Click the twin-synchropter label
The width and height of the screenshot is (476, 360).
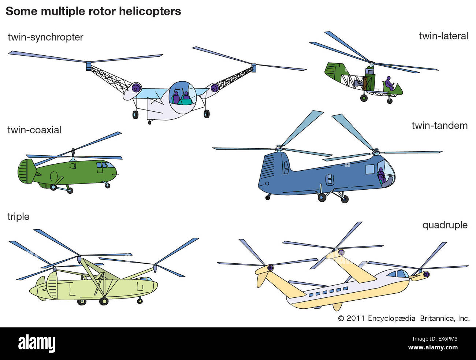click(x=45, y=37)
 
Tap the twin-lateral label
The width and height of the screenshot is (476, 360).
click(x=443, y=36)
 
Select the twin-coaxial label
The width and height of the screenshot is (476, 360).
click(x=34, y=130)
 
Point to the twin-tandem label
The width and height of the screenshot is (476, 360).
click(x=439, y=126)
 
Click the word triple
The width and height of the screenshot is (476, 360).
click(x=18, y=216)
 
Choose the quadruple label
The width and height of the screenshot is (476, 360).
click(x=445, y=225)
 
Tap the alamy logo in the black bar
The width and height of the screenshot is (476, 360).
click(x=37, y=344)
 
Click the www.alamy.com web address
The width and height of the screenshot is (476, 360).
click(x=433, y=348)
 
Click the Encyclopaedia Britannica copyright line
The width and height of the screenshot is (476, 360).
click(x=404, y=318)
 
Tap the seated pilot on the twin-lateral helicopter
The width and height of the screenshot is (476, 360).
click(x=389, y=84)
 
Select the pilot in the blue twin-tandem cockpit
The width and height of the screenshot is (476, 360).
click(x=381, y=175)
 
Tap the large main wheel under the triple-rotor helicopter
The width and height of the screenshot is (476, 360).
click(x=104, y=301)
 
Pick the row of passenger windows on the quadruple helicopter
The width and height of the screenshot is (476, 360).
click(x=328, y=292)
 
